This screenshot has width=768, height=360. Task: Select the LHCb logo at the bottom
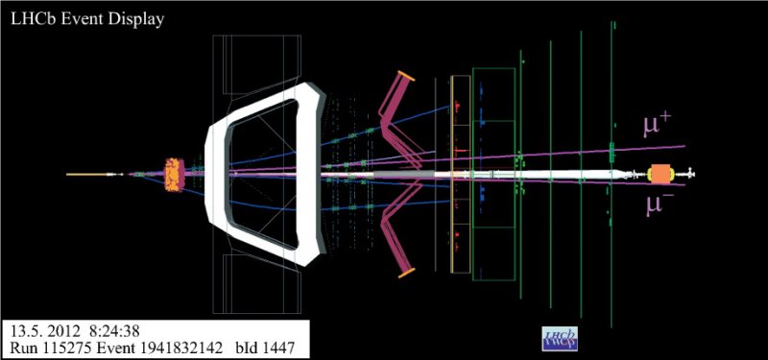pyautogui.click(x=561, y=339)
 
